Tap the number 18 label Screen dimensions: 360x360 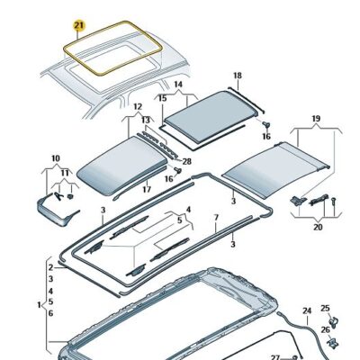tap(237, 76)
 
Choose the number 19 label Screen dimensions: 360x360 tap(316, 118)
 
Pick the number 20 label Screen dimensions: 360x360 tap(316, 228)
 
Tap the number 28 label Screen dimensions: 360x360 tap(55, 157)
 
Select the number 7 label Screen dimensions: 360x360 tap(216, 219)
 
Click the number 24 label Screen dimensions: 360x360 tap(306, 311)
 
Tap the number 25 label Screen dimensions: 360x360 tap(325, 308)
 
